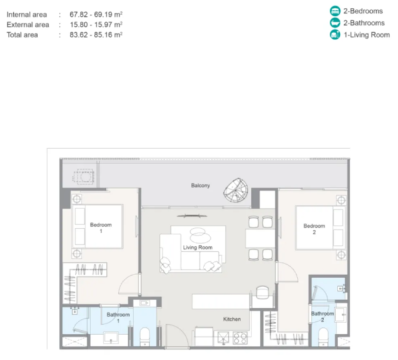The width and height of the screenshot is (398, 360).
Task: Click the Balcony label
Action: pyautogui.click(x=201, y=185)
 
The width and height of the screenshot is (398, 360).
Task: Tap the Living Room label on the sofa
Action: pyautogui.click(x=197, y=247)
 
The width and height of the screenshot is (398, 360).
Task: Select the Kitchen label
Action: pyautogui.click(x=232, y=319)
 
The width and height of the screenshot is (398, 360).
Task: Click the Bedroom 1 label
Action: pyautogui.click(x=101, y=228)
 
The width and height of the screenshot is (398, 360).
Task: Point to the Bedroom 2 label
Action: pyautogui.click(x=314, y=229)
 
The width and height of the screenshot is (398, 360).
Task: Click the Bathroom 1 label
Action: pyautogui.click(x=118, y=318)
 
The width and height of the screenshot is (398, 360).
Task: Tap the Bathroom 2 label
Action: pyautogui.click(x=322, y=316)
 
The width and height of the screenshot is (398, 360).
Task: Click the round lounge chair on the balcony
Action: pyautogui.click(x=236, y=190)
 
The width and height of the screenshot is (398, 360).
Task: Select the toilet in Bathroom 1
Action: pyautogui.click(x=145, y=336)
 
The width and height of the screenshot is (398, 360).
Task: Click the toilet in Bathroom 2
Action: pyautogui.click(x=323, y=337)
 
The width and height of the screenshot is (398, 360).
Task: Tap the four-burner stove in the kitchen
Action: pyautogui.click(x=240, y=338)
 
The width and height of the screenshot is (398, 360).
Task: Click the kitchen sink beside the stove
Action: pyautogui.click(x=223, y=338)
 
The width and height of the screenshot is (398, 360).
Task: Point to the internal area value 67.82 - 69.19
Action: pyautogui.click(x=96, y=15)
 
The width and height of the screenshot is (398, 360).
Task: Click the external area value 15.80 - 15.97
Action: pyautogui.click(x=96, y=25)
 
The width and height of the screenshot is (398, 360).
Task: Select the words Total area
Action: pyautogui.click(x=22, y=35)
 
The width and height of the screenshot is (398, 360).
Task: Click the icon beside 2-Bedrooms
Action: pyautogui.click(x=335, y=11)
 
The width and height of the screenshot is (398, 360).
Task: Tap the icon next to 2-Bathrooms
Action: pyautogui.click(x=335, y=23)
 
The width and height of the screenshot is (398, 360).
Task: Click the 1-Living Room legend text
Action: pyautogui.click(x=366, y=35)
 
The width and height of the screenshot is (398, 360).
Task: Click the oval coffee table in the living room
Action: pyautogui.click(x=201, y=235)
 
